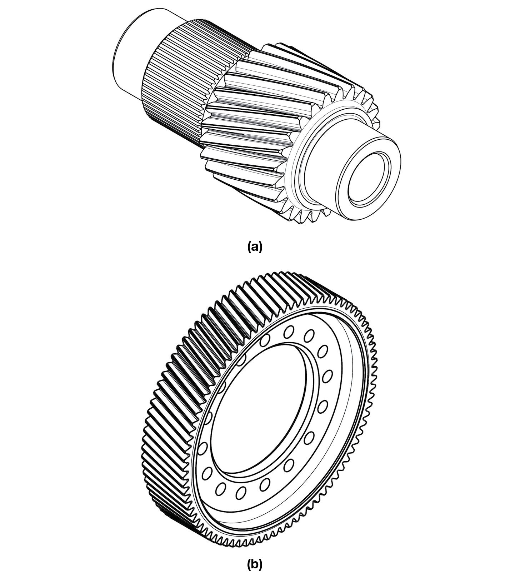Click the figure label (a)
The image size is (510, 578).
pyautogui.click(x=255, y=247)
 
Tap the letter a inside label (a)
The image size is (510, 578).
pyautogui.click(x=255, y=247)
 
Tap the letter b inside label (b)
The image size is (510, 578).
pyautogui.click(x=255, y=564)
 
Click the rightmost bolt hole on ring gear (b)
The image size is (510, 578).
pyautogui.click(x=327, y=375)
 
